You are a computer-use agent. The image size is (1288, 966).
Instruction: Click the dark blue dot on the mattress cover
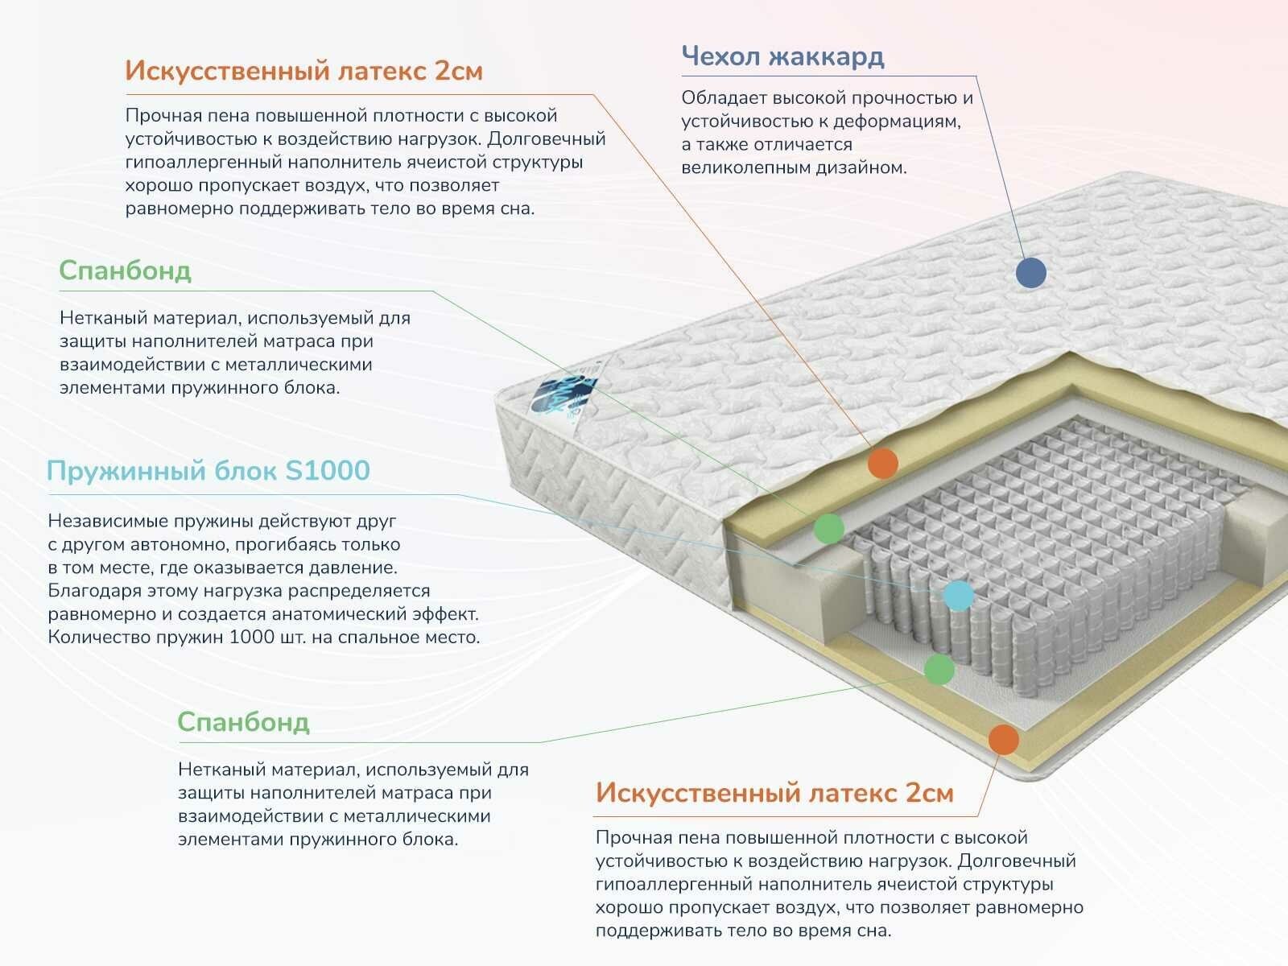coord(1031,273)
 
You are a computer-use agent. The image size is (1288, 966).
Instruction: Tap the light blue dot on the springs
coord(958,595)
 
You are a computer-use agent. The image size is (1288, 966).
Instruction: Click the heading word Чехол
coord(720,56)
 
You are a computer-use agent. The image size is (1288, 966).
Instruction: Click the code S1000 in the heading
coord(328,470)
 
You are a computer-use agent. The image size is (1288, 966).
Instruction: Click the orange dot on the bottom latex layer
coord(1003,739)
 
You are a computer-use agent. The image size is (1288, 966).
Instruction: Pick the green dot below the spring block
coord(939,669)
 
